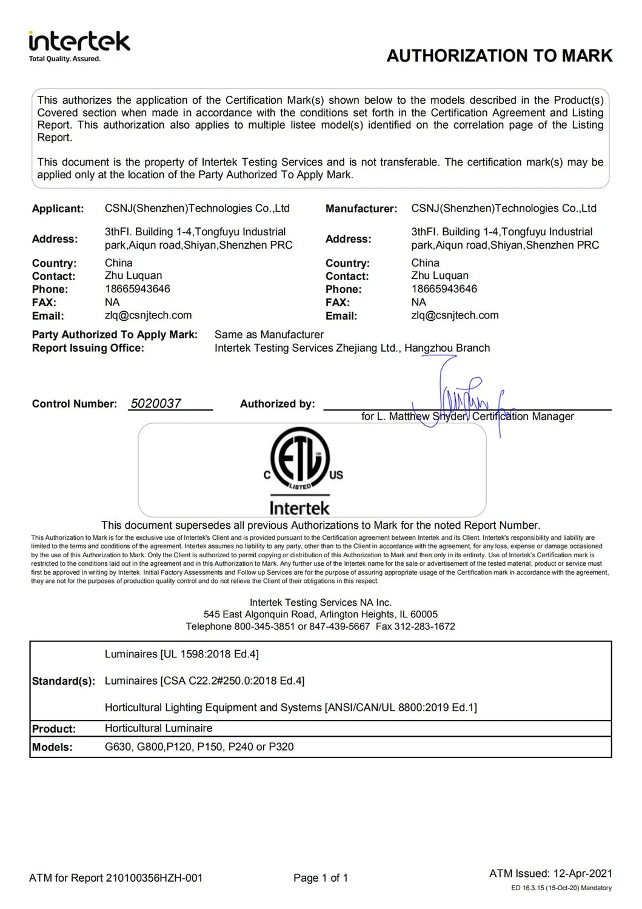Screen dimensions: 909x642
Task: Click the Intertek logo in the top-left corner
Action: (x=79, y=45)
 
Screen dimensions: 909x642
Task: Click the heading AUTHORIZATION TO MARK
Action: (x=500, y=56)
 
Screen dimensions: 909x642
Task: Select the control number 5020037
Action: (x=156, y=404)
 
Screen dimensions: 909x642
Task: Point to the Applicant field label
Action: (x=58, y=209)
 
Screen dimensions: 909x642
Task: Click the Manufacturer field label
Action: (x=361, y=209)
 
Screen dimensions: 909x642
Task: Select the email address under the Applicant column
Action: (x=148, y=315)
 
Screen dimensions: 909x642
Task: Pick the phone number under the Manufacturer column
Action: (x=444, y=289)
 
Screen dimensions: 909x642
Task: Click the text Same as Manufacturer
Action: (x=269, y=335)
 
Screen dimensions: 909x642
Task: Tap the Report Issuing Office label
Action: (x=88, y=348)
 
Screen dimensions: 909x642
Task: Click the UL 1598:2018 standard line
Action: (x=182, y=654)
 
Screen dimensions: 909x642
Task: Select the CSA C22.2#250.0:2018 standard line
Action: (x=204, y=681)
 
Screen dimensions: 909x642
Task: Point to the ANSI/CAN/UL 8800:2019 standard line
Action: (x=291, y=708)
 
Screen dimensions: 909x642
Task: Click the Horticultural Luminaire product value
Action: (x=158, y=728)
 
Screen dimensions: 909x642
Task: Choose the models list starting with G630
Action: (x=199, y=747)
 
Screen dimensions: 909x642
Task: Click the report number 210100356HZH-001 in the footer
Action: (x=154, y=878)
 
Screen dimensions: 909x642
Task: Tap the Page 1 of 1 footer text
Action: (x=321, y=878)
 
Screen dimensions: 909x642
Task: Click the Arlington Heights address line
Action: (x=321, y=614)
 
